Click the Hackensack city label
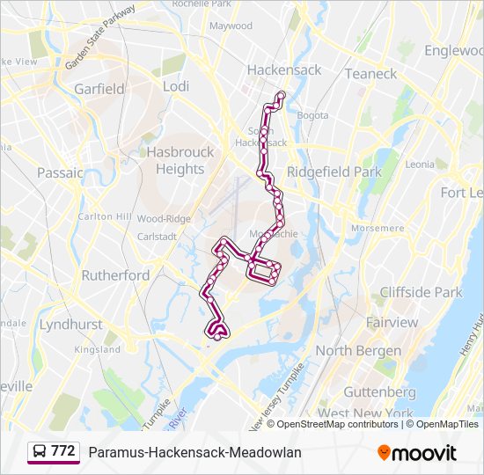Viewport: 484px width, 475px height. coord(284,69)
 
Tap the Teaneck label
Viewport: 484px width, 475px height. coord(370,74)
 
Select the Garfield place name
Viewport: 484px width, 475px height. coord(99,89)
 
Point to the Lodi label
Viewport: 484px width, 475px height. coord(176,86)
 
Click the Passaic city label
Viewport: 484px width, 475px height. coord(60,172)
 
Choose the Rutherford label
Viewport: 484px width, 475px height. coord(115,275)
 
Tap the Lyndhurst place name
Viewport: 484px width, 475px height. coord(70,325)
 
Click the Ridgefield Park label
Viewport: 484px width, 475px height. coord(334,172)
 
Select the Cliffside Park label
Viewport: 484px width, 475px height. coord(421,292)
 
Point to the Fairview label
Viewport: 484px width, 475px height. coord(392,323)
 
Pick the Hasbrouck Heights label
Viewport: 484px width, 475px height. coord(180,160)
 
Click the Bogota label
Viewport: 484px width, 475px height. coord(312,115)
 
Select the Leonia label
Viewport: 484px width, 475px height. coord(420,164)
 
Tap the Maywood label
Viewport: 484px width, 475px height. coord(231,26)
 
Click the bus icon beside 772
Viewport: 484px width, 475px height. coord(40,451)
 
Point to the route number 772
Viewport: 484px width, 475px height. coord(63,451)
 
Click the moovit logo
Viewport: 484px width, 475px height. coord(417,453)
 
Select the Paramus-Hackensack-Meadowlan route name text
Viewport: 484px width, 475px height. coord(194,452)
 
